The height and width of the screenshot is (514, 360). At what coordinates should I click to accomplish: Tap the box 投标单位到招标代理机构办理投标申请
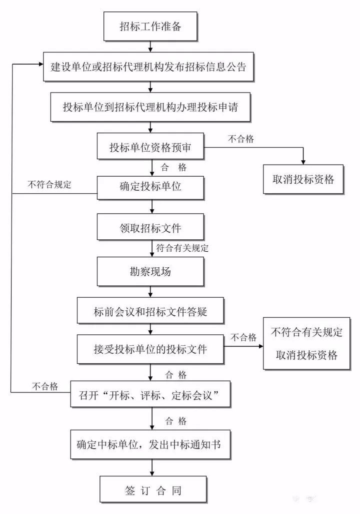pos(150,107)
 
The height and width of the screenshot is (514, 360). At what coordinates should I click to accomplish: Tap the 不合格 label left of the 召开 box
pos(46,386)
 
